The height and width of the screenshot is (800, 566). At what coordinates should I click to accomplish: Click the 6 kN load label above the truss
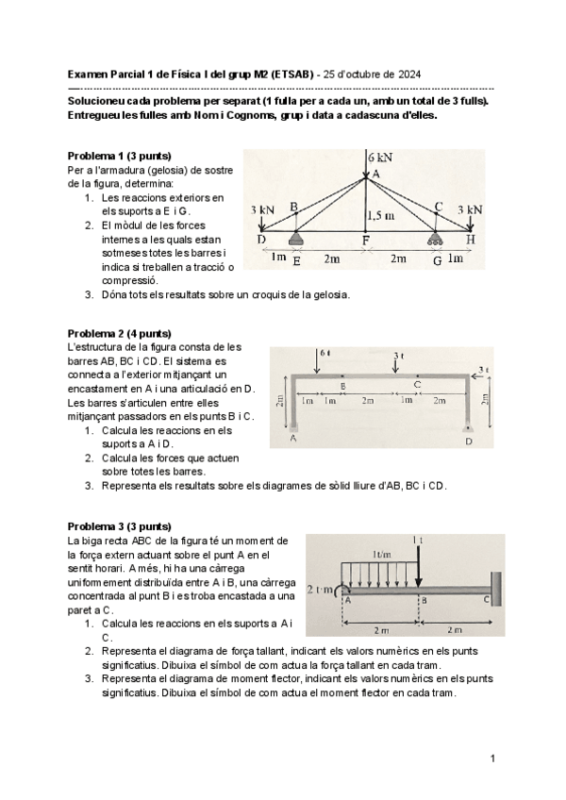[x=381, y=157]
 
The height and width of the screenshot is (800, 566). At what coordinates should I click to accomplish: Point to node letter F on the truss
[x=366, y=241]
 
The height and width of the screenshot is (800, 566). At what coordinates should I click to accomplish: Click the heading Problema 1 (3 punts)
[x=120, y=155]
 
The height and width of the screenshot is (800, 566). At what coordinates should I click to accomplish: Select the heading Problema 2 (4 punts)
[x=120, y=333]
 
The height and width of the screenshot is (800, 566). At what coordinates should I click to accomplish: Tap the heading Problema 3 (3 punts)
[x=120, y=525]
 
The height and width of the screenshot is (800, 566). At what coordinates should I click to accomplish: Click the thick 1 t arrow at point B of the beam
[x=418, y=571]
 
